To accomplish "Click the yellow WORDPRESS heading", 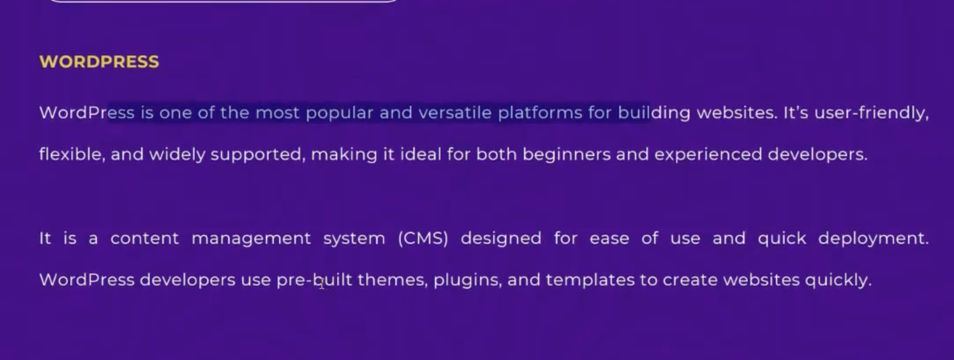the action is coord(99,62).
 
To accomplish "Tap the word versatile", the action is coord(455,113).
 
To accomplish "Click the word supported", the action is coord(258,155).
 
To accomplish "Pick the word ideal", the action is coord(420,154).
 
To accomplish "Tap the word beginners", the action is coord(567,155).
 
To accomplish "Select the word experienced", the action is coord(708,155).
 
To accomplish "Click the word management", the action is coord(251,239).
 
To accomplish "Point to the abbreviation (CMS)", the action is coord(423,238).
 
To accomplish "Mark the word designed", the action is coord(501,239).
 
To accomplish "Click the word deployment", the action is coord(873,239).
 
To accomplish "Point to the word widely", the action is coord(177,155).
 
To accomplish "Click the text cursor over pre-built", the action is coord(322,283).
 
